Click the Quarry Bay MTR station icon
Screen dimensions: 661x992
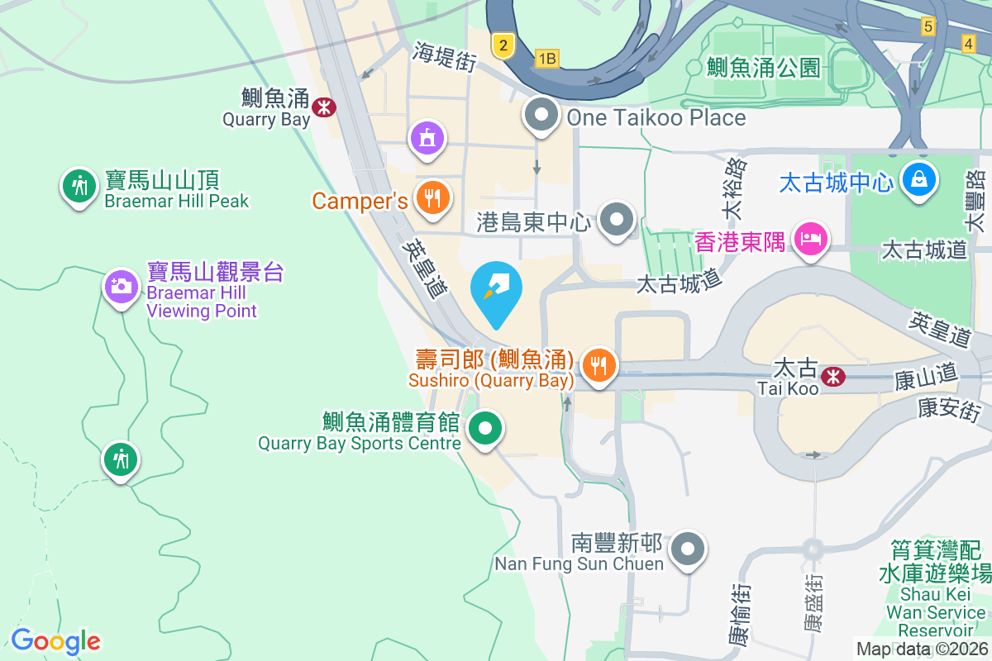coord(324,106)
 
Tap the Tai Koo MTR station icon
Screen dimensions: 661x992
coord(833,376)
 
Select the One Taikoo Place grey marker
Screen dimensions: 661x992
coord(541,117)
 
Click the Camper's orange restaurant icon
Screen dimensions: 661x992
coord(432,198)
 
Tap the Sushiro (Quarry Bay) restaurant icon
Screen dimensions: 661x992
coord(599,364)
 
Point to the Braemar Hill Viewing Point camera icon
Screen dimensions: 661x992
coord(121,287)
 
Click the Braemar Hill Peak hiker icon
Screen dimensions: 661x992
coord(79,186)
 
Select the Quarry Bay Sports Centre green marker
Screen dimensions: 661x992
coord(485,429)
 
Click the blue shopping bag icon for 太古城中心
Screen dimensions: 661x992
coord(918,178)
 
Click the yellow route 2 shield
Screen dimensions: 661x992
coord(503,45)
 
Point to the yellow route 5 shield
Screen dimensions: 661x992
coord(928,26)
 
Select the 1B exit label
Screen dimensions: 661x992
coord(547,58)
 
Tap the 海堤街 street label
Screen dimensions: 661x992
coord(446,57)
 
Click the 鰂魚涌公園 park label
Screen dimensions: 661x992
coord(763,67)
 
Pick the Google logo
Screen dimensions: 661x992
coord(55,640)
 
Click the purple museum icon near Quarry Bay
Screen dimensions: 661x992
coord(427,137)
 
